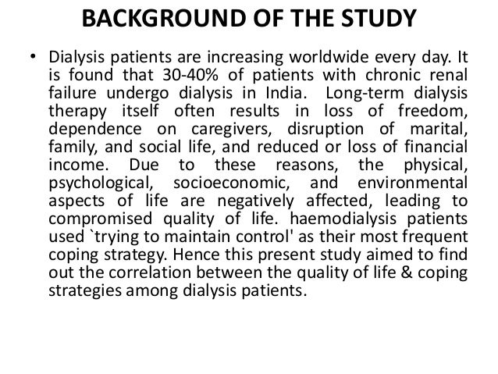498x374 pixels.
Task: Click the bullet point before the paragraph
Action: [33, 58]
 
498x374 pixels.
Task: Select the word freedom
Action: [435, 111]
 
